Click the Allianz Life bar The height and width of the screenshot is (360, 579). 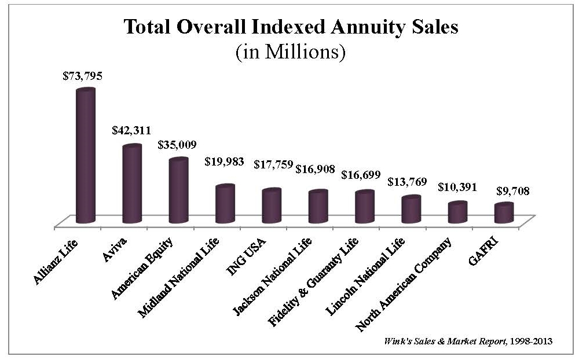pyautogui.click(x=85, y=156)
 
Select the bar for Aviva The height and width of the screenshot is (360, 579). pyautogui.click(x=131, y=184)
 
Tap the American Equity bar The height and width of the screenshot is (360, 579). pyautogui.click(x=178, y=190)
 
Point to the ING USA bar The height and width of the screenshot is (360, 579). pyautogui.click(x=271, y=206)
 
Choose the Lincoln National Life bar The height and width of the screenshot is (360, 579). pyautogui.click(x=411, y=210)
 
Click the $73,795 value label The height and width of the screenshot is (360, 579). pyautogui.click(x=82, y=76)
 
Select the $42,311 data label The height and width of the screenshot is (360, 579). pyautogui.click(x=131, y=131)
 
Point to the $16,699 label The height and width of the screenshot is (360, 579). pyautogui.click(x=361, y=174)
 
